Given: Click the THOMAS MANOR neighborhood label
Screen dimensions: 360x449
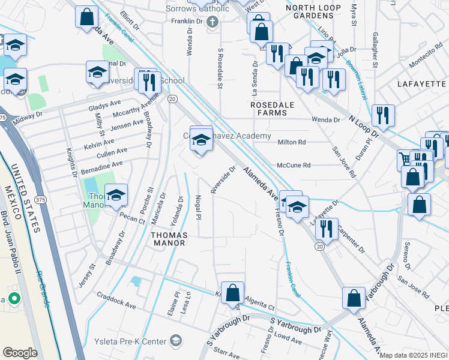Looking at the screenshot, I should coord(169,239).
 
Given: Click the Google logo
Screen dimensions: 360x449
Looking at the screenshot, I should coord(20,352).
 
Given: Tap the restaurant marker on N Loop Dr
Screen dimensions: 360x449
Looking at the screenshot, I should coord(382,115).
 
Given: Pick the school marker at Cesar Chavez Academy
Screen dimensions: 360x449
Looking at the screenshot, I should coord(202,139).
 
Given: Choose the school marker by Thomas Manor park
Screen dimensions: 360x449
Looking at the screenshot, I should coord(116,194).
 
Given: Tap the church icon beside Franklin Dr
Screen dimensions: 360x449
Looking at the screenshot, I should coord(211,22).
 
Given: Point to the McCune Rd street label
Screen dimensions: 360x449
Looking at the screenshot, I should coord(294,165).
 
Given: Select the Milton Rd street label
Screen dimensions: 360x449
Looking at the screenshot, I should coord(292,142).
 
